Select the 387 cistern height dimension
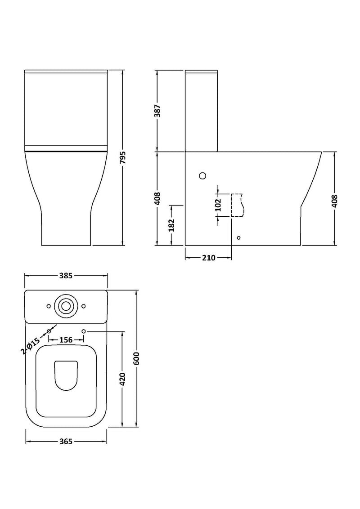click(157, 111)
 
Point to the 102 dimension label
click(218, 205)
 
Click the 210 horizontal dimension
click(208, 258)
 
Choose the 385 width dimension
click(66, 276)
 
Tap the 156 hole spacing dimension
click(66, 340)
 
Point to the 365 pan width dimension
click(66, 442)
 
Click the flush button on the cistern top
click(66, 306)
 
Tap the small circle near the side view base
click(238, 237)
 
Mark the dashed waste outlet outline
click(237, 205)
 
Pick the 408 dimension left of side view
click(157, 199)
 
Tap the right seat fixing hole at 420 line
click(84, 331)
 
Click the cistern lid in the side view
click(202, 71)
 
